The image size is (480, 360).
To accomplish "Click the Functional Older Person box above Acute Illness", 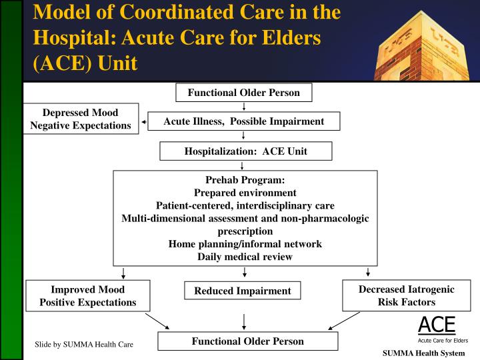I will click(x=244, y=92).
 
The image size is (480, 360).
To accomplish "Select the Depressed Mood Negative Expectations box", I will click(x=81, y=119).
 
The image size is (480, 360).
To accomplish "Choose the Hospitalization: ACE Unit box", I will click(x=245, y=151).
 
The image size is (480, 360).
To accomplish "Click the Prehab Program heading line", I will click(x=245, y=180).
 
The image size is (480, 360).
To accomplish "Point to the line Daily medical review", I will click(x=245, y=257).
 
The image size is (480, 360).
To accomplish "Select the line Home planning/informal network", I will click(x=245, y=244).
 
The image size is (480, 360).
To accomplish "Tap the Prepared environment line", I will click(x=245, y=193).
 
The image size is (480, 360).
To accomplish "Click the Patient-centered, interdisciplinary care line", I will click(x=245, y=205).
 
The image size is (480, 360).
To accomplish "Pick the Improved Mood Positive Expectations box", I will click(x=87, y=296).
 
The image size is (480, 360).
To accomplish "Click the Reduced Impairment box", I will click(x=243, y=291).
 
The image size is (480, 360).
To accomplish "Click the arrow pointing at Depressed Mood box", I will click(x=143, y=123).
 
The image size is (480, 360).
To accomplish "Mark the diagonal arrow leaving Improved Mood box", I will click(x=157, y=322).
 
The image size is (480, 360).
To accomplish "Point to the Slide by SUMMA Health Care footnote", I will click(x=84, y=344).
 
